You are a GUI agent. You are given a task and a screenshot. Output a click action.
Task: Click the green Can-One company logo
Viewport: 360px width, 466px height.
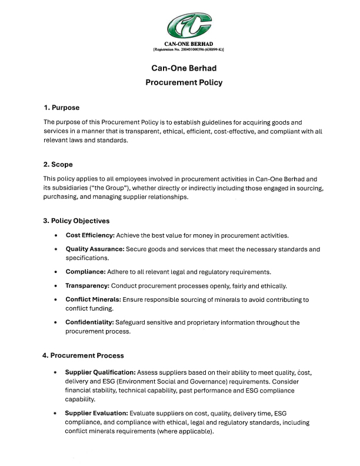tap(188, 26)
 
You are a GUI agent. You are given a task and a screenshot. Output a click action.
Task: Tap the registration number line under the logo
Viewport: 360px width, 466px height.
tap(188, 49)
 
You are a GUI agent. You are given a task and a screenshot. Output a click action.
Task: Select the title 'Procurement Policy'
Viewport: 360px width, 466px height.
tap(184, 82)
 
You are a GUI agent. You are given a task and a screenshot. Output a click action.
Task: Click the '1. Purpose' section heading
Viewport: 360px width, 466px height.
tap(61, 108)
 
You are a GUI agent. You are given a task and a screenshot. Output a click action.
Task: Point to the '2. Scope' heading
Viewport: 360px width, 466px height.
tap(58, 164)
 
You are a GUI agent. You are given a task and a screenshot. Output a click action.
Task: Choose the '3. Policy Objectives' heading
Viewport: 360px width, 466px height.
tap(76, 221)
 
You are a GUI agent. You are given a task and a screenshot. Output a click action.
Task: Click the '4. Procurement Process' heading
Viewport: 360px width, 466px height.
tap(83, 355)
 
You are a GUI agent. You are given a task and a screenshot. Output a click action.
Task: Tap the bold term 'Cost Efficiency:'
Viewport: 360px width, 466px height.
tap(89, 235)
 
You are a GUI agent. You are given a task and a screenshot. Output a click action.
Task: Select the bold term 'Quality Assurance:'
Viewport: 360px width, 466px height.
tap(94, 249)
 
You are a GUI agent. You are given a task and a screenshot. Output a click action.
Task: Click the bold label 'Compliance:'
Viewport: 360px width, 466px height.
tap(85, 272)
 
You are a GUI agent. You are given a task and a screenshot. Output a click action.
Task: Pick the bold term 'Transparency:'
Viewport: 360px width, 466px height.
tap(88, 286)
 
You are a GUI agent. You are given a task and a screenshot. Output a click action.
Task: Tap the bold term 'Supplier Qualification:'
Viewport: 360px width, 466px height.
tap(101, 372)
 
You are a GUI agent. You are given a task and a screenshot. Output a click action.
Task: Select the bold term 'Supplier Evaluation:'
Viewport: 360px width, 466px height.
tap(96, 414)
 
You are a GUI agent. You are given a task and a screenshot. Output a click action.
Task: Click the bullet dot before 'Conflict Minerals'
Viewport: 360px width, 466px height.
tap(55, 300)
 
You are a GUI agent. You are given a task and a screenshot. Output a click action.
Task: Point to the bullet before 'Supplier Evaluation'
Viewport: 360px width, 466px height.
tap(55, 414)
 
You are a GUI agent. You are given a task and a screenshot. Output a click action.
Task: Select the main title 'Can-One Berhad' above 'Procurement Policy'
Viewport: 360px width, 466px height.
tap(184, 68)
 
